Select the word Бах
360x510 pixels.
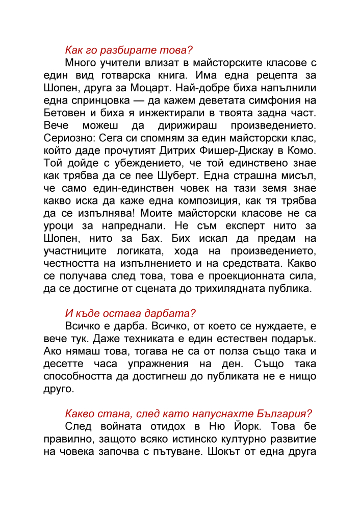point(146,239)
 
